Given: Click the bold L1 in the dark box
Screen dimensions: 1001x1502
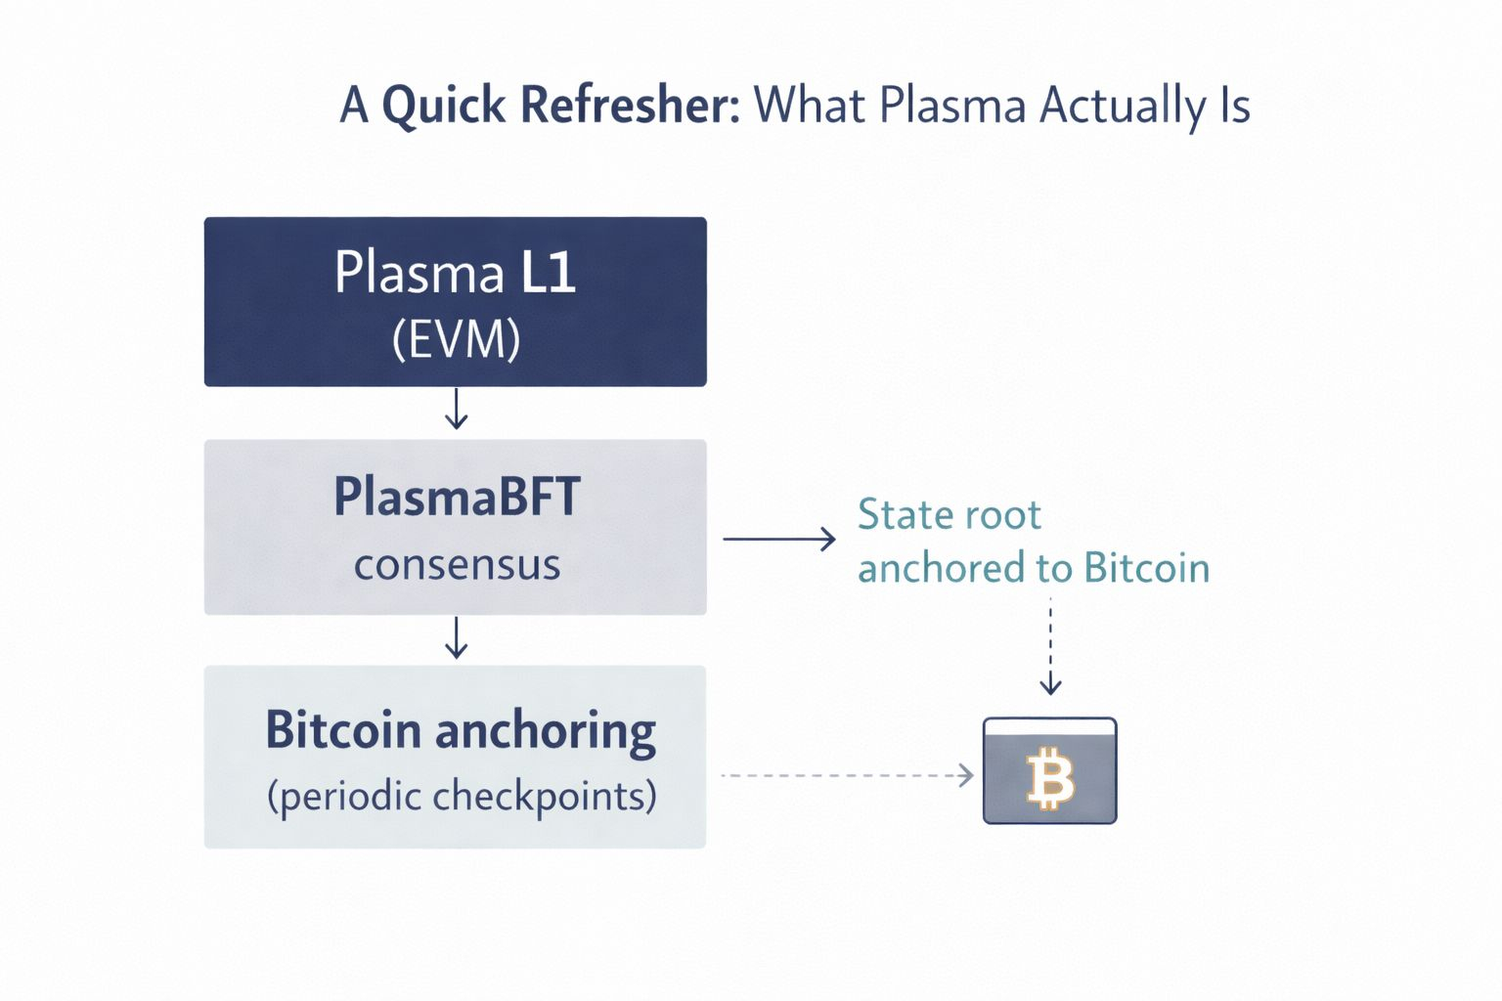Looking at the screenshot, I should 548,272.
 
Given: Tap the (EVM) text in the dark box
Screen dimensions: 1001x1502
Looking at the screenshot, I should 456,339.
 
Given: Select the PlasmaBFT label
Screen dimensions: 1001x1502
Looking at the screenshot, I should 457,497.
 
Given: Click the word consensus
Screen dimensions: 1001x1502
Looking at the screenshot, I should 457,565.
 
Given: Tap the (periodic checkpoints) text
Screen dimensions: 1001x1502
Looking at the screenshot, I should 462,796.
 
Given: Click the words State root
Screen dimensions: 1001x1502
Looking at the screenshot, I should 949,515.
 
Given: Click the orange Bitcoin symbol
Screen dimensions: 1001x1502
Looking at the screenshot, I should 1050,779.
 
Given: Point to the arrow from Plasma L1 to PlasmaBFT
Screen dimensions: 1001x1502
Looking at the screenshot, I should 456,409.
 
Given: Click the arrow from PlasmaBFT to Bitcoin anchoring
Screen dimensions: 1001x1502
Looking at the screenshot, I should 456,637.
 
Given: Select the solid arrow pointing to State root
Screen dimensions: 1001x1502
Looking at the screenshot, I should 779,539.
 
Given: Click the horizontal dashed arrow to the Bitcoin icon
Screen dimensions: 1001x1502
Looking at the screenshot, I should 847,775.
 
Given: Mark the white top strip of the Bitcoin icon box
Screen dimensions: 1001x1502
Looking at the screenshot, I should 1049,726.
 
